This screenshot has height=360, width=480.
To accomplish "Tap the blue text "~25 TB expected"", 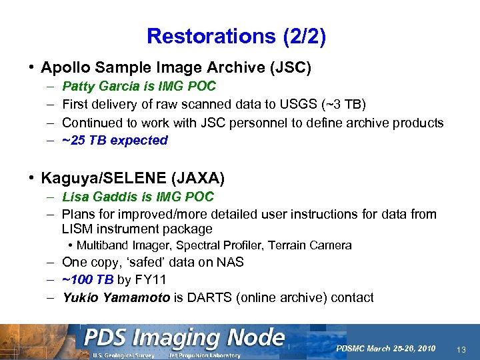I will click(115, 140).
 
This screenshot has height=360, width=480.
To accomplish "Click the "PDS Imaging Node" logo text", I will click(183, 338).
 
